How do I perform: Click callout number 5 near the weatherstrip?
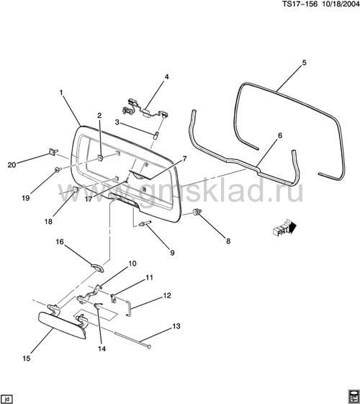coord(304,63)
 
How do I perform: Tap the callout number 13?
coord(176,326)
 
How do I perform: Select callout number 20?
coord(12,165)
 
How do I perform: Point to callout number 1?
coord(61,92)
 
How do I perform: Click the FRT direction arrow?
coord(284,227)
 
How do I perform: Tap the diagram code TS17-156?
coord(300,4)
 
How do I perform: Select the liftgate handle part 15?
coord(63,323)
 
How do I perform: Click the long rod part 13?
coord(132,340)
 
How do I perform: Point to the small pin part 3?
coord(156,135)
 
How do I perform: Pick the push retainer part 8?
coord(197,212)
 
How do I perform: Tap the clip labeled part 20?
coord(53,152)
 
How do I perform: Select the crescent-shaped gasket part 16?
coord(98,266)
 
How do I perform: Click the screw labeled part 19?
coord(58,169)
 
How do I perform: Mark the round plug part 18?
coord(75,189)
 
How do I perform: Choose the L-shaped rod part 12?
coord(129,308)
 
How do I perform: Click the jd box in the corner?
coord(6,399)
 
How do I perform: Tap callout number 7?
coord(184,158)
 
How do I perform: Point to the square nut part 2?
coord(100,157)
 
